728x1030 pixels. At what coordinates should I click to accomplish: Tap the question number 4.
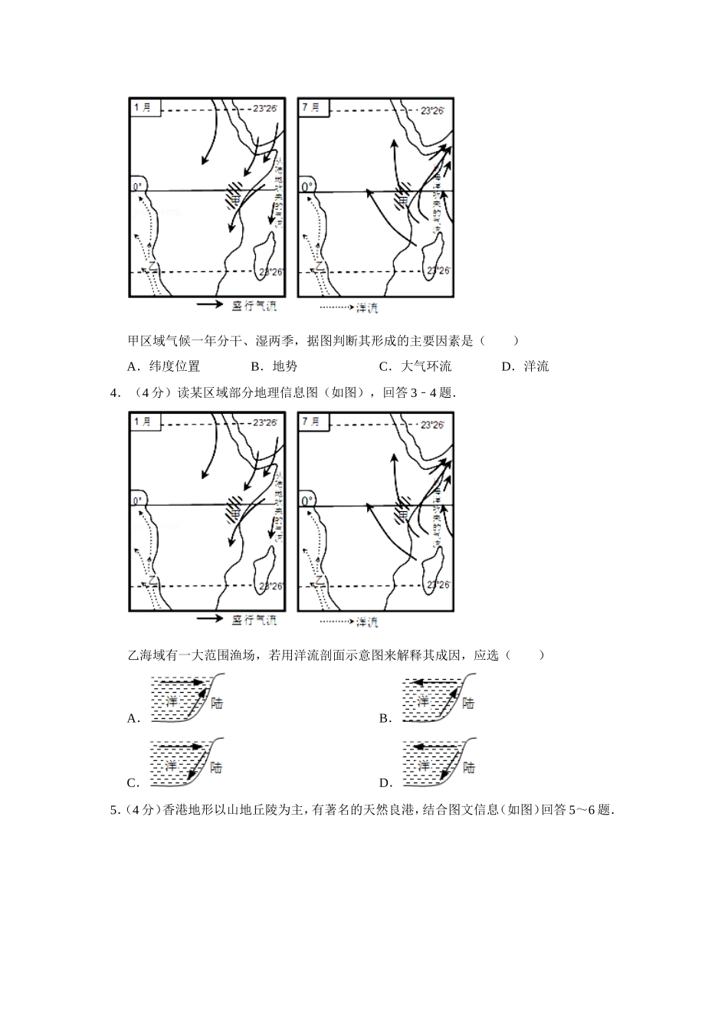click(115, 393)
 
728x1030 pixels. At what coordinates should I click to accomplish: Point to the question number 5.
click(114, 810)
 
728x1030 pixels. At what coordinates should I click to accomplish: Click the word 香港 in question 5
click(174, 810)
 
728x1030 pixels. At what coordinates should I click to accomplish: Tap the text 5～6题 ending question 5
click(589, 810)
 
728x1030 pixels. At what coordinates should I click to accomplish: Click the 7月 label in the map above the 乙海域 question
click(311, 422)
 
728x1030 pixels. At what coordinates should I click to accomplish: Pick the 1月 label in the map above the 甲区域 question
click(143, 108)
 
